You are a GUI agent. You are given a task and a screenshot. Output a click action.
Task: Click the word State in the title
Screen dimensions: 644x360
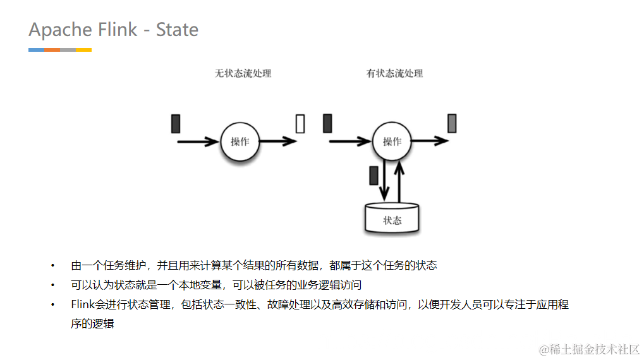click(177, 30)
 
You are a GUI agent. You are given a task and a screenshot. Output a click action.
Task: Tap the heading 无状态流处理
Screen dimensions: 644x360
click(243, 73)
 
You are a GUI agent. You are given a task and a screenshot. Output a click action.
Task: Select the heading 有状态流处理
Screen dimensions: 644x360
click(394, 73)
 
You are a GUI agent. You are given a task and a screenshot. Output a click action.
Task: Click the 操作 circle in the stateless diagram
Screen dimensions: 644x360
click(240, 141)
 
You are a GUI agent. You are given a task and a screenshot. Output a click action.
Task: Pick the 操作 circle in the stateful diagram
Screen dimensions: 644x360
click(392, 141)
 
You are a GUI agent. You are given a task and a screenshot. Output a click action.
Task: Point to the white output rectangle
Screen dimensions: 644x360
click(300, 124)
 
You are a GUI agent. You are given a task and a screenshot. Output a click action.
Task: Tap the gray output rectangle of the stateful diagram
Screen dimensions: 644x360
click(452, 124)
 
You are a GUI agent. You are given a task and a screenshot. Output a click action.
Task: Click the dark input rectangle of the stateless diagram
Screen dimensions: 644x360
click(176, 124)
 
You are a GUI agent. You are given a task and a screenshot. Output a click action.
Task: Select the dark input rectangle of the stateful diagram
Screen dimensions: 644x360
click(327, 124)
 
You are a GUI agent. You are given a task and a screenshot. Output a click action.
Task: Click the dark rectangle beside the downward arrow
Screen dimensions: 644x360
click(374, 175)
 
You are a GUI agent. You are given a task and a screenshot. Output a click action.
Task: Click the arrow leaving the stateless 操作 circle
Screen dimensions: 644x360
click(278, 141)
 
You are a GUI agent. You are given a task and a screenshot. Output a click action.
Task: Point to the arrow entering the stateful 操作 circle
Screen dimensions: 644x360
click(350, 141)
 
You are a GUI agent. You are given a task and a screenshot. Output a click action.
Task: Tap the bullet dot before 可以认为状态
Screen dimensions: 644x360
click(53, 285)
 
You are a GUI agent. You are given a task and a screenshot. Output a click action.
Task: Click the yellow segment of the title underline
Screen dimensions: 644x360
click(83, 49)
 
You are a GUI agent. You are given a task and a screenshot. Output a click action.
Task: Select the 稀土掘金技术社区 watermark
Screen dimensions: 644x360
click(589, 349)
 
